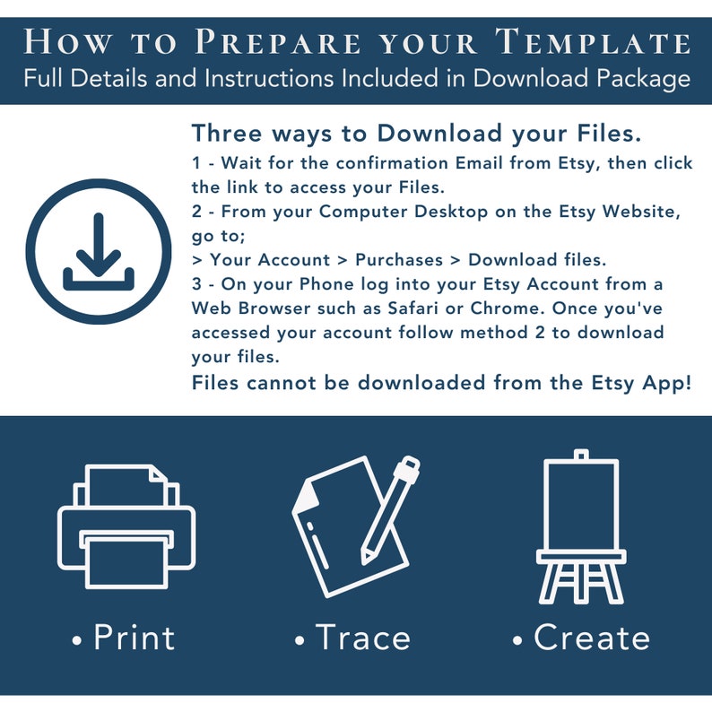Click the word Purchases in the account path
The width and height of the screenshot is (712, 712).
click(399, 260)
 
